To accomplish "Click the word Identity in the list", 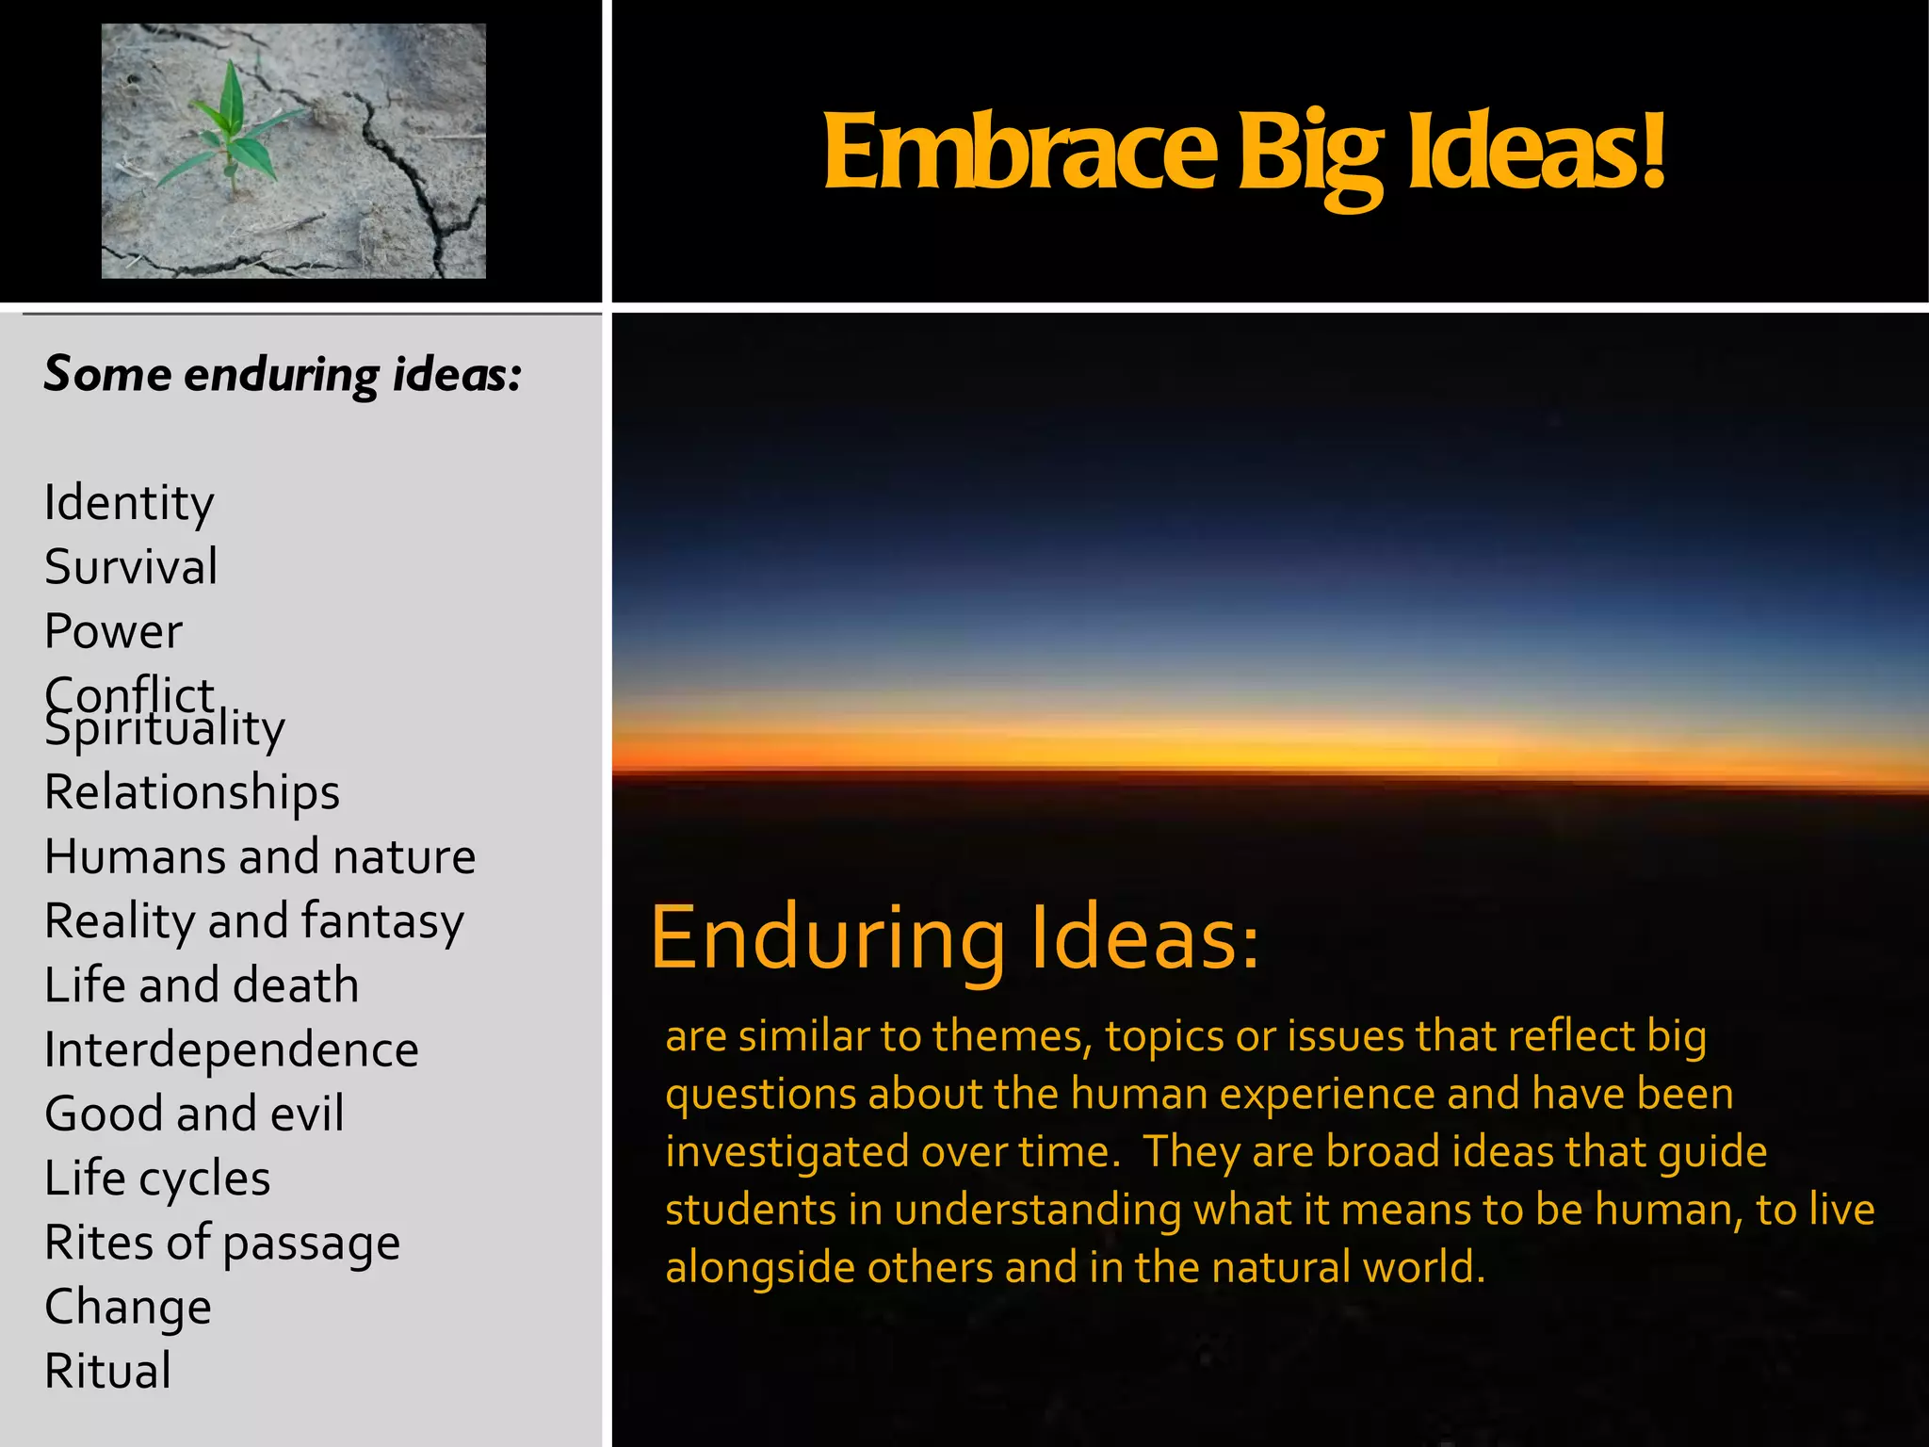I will click(x=129, y=503).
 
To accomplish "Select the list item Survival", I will click(x=131, y=567).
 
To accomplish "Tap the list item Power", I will click(x=113, y=631).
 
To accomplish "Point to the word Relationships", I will click(x=192, y=792).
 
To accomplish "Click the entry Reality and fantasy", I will click(x=254, y=921).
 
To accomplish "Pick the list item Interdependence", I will click(x=232, y=1049).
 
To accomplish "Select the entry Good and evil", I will click(x=194, y=1114).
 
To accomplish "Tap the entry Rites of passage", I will click(x=222, y=1243).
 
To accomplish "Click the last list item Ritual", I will click(x=108, y=1371).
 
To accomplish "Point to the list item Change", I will click(x=128, y=1307).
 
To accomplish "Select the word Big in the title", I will click(x=1310, y=155).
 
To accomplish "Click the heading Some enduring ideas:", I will click(x=283, y=374).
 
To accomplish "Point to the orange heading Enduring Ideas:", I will click(x=954, y=938).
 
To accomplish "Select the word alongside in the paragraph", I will click(x=761, y=1268).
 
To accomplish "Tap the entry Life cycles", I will click(x=157, y=1179).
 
